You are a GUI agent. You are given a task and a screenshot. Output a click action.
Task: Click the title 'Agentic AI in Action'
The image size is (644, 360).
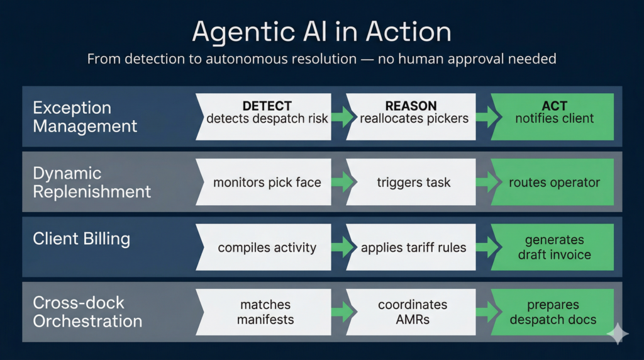click(321, 31)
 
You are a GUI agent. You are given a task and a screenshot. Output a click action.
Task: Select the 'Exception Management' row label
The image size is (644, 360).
click(85, 116)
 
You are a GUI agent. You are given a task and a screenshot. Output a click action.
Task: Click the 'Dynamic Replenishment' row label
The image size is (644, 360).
click(92, 183)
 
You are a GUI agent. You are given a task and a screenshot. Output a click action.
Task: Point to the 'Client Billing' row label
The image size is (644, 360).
click(81, 239)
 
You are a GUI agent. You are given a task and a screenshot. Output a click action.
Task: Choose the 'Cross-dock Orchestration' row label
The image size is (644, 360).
click(87, 312)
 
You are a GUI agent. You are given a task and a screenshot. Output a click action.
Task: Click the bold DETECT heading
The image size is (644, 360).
click(267, 106)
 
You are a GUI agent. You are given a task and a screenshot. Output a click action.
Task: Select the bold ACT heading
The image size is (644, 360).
click(554, 106)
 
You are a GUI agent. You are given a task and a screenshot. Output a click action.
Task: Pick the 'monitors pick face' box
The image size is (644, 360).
click(267, 183)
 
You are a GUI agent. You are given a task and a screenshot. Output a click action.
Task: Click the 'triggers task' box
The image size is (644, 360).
click(413, 183)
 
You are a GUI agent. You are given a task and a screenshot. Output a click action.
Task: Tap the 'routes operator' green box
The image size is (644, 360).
click(553, 183)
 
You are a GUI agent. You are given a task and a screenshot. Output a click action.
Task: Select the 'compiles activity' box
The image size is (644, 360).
click(267, 247)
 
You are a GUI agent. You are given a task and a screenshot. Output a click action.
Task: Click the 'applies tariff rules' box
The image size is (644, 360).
click(413, 247)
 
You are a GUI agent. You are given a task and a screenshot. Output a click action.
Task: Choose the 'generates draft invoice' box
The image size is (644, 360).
click(553, 247)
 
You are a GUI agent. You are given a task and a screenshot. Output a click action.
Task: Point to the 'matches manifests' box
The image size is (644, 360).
click(267, 312)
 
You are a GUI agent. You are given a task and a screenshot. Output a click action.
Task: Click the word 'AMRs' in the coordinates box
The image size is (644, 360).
click(413, 319)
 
